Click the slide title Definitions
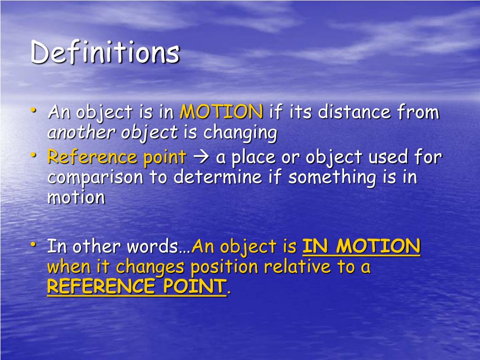105,52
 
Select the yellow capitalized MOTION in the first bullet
222,112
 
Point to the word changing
240,134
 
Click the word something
332,178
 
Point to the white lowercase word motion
76,197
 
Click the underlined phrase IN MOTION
361,246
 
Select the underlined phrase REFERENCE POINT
136,286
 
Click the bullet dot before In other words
34,244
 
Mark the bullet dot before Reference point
34,155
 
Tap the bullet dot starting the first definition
34,110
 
